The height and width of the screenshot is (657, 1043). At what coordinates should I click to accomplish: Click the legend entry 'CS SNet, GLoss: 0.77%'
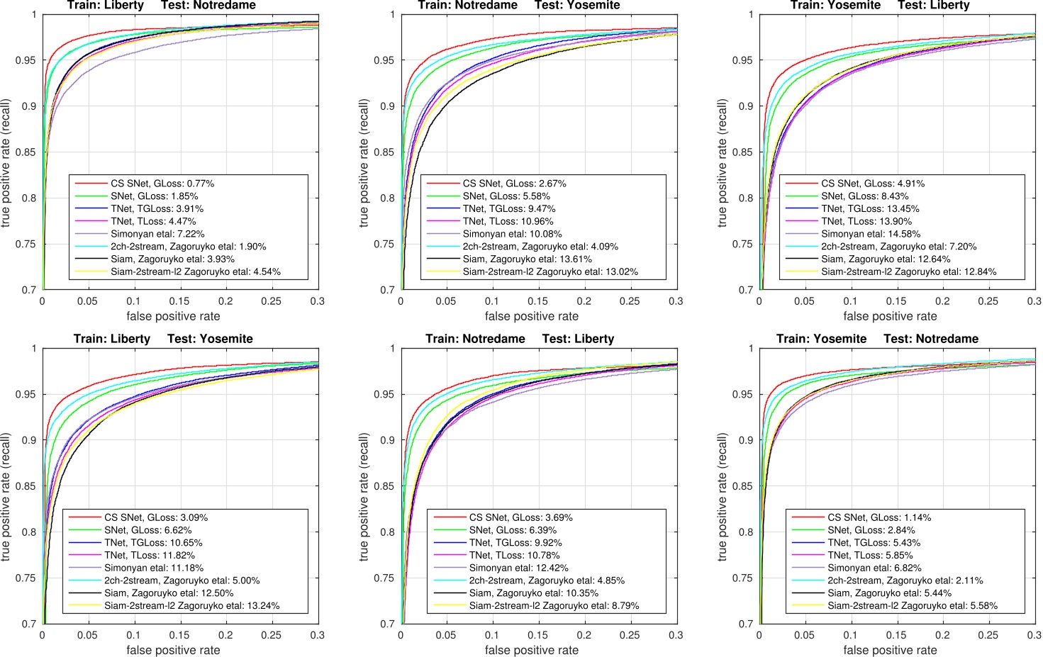[162, 184]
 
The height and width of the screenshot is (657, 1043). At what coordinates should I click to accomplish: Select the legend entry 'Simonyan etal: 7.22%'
[157, 234]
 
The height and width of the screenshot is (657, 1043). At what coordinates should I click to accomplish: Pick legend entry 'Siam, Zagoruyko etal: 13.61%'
[527, 259]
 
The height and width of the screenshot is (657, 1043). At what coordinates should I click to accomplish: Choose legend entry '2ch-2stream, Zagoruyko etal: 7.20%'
[898, 247]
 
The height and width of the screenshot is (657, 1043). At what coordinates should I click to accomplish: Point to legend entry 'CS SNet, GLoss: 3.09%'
[156, 518]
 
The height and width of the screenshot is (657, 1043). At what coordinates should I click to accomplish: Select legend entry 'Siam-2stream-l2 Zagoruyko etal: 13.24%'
[191, 606]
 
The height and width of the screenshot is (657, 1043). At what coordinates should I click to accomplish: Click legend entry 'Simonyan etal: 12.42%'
[518, 568]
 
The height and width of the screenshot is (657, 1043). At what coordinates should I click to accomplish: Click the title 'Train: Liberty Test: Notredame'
[162, 6]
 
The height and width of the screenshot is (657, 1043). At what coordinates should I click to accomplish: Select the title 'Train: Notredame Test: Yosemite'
[519, 6]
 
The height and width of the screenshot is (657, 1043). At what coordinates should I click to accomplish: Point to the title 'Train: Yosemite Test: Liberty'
[879, 6]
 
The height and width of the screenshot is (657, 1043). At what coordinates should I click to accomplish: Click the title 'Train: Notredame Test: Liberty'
[520, 339]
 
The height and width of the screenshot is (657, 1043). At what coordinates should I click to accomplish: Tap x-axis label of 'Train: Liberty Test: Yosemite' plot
[173, 650]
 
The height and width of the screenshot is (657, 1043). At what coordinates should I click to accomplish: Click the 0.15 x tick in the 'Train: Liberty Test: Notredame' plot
[179, 301]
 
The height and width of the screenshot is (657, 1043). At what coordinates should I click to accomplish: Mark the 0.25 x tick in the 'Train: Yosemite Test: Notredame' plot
[988, 635]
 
